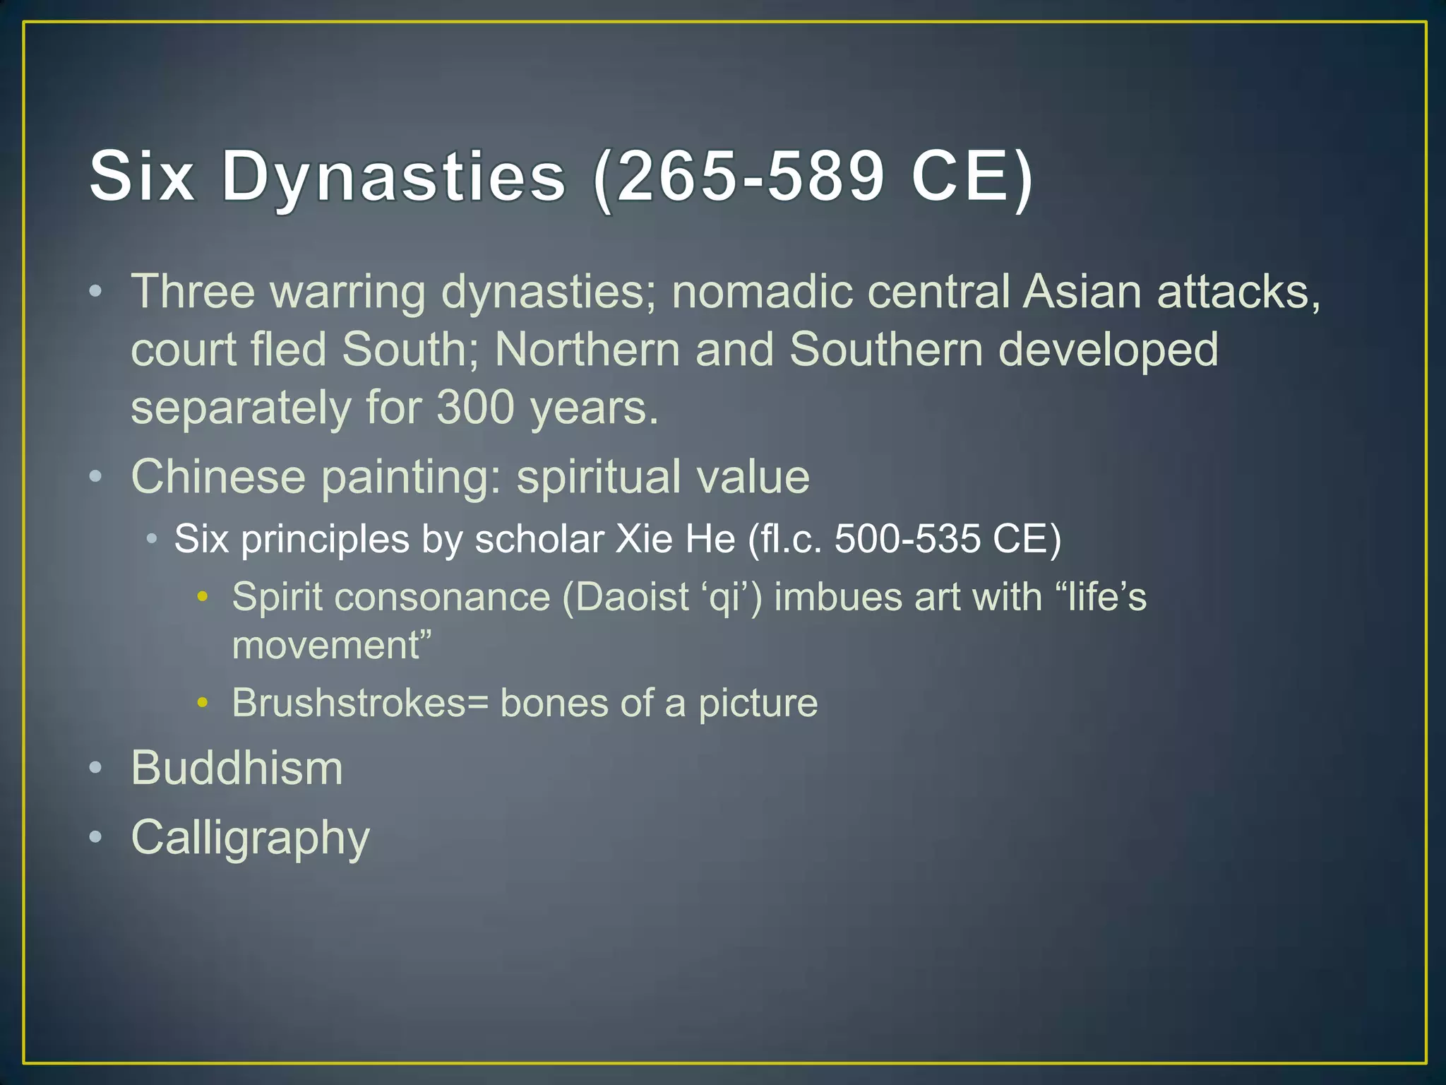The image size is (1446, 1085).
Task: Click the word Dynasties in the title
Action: coord(393,177)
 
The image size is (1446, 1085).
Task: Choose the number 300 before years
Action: coord(475,408)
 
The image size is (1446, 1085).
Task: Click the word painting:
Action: coord(410,477)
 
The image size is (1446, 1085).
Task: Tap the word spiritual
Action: coord(598,477)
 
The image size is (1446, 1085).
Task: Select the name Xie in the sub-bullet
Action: coord(644,539)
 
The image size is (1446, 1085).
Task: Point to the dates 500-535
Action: coord(907,539)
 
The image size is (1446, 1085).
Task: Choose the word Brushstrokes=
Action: coord(360,703)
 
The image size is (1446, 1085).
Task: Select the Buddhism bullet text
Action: coord(237,768)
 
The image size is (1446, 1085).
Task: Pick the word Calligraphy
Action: coord(251,838)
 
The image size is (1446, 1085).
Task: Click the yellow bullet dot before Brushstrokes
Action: coord(203,703)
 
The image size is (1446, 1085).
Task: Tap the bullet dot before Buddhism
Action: coord(97,768)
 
